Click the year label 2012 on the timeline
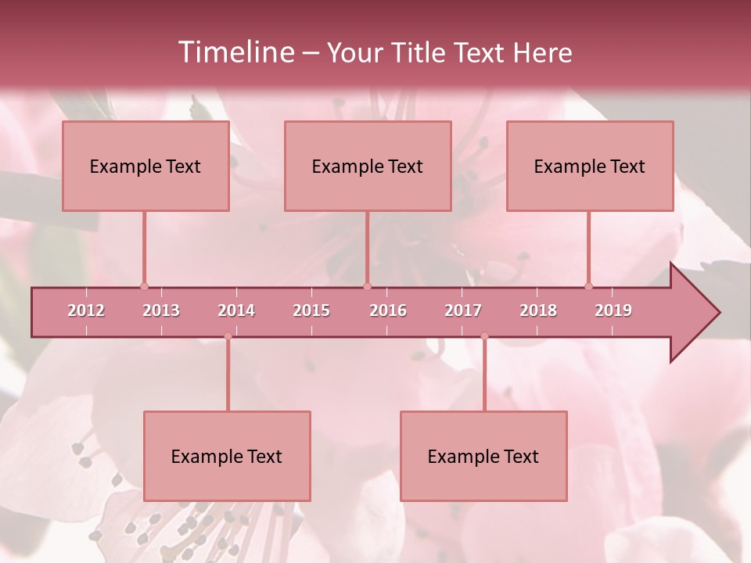[x=86, y=310]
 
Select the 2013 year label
[x=161, y=310]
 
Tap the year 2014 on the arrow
[x=236, y=310]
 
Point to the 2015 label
[x=311, y=310]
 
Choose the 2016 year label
[x=388, y=310]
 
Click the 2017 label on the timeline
[x=463, y=310]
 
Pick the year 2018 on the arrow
[x=538, y=310]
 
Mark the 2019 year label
[x=613, y=310]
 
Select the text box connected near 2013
[x=146, y=166]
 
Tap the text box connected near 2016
[x=368, y=166]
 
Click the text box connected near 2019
[x=590, y=166]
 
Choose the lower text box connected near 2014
[x=227, y=456]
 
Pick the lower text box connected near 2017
[x=483, y=456]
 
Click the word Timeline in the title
[x=235, y=52]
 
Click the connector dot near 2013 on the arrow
[x=144, y=286]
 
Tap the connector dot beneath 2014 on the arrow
[x=228, y=337]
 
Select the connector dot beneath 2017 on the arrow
[x=484, y=337]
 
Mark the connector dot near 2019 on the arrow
[x=588, y=286]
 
